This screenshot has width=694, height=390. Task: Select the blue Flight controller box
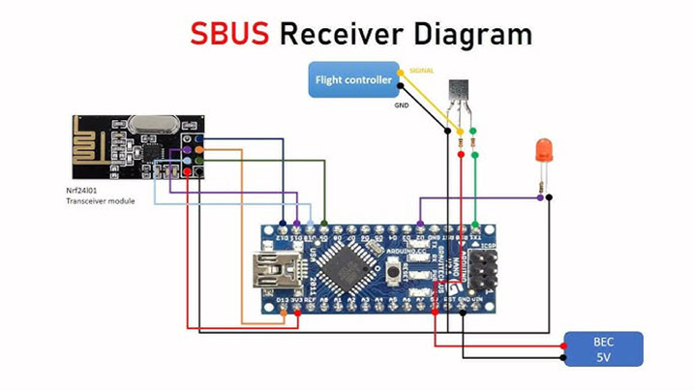tap(353, 80)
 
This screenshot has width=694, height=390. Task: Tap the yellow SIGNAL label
tap(422, 71)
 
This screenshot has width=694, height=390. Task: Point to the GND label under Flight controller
tap(401, 105)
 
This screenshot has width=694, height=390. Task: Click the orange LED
tap(544, 150)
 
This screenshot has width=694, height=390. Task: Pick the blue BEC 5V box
tap(603, 348)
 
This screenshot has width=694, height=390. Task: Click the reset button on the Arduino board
tap(391, 274)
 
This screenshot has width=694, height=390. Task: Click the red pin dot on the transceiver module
tap(185, 172)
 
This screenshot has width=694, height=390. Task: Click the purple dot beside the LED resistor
tap(538, 198)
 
